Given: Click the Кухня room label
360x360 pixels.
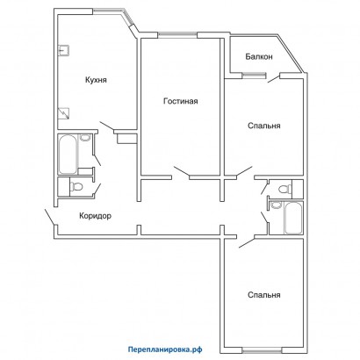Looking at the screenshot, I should click(x=97, y=80).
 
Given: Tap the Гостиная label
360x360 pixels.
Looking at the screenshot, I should click(x=180, y=101).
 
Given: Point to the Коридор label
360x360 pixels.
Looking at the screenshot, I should click(x=95, y=216).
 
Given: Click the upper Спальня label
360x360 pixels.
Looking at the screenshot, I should click(x=263, y=126).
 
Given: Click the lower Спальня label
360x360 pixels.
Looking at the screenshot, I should click(x=263, y=295).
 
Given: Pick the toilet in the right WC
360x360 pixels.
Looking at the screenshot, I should click(x=283, y=189).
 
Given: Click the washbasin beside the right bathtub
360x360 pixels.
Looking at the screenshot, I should click(x=275, y=207).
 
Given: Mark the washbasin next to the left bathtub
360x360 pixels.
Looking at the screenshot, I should click(x=85, y=138).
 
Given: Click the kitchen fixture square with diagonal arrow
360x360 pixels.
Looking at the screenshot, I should click(x=63, y=112).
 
